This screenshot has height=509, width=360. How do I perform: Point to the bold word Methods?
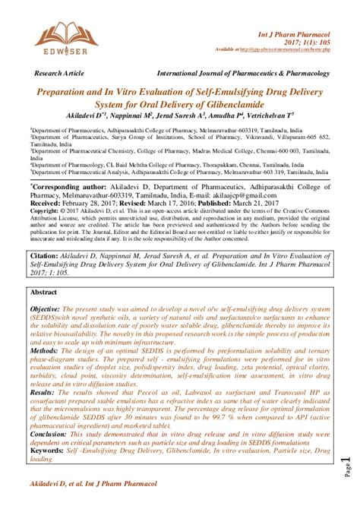coord(43,352)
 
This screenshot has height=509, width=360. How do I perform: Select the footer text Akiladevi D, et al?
coord(59,483)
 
